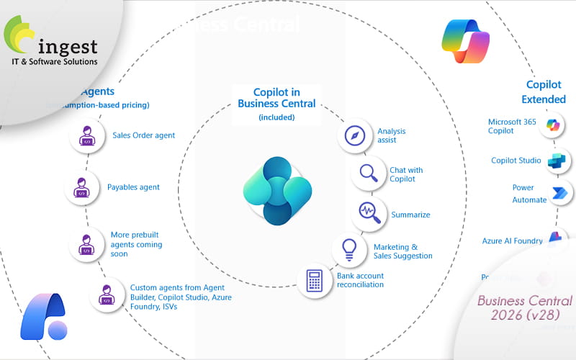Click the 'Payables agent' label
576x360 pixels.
[x=133, y=187]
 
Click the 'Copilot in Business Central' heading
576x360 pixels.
[x=276, y=98]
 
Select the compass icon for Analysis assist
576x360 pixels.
[x=355, y=136]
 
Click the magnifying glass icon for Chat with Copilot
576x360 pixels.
[x=369, y=174]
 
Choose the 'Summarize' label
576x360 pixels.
[x=410, y=215]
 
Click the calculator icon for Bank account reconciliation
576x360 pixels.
[x=314, y=280]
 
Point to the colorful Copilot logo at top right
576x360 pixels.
[x=465, y=41]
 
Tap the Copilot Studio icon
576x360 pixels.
[x=557, y=161]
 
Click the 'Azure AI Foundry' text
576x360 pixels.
[x=512, y=240]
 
